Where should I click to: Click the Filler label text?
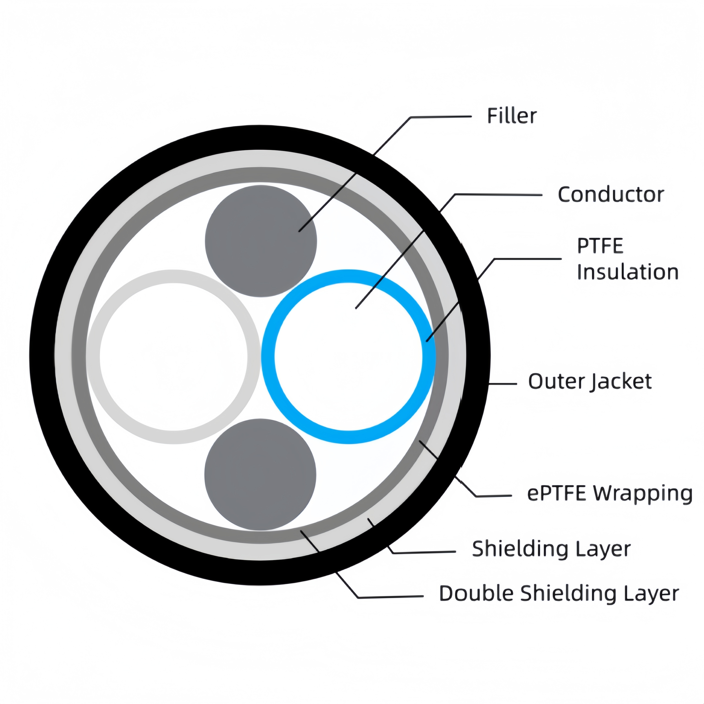click(x=511, y=116)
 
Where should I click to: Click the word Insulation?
click(x=627, y=272)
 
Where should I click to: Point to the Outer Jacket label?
click(x=590, y=381)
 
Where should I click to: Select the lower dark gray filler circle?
click(x=260, y=475)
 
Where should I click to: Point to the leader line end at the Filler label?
click(x=470, y=117)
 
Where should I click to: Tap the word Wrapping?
click(x=643, y=493)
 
